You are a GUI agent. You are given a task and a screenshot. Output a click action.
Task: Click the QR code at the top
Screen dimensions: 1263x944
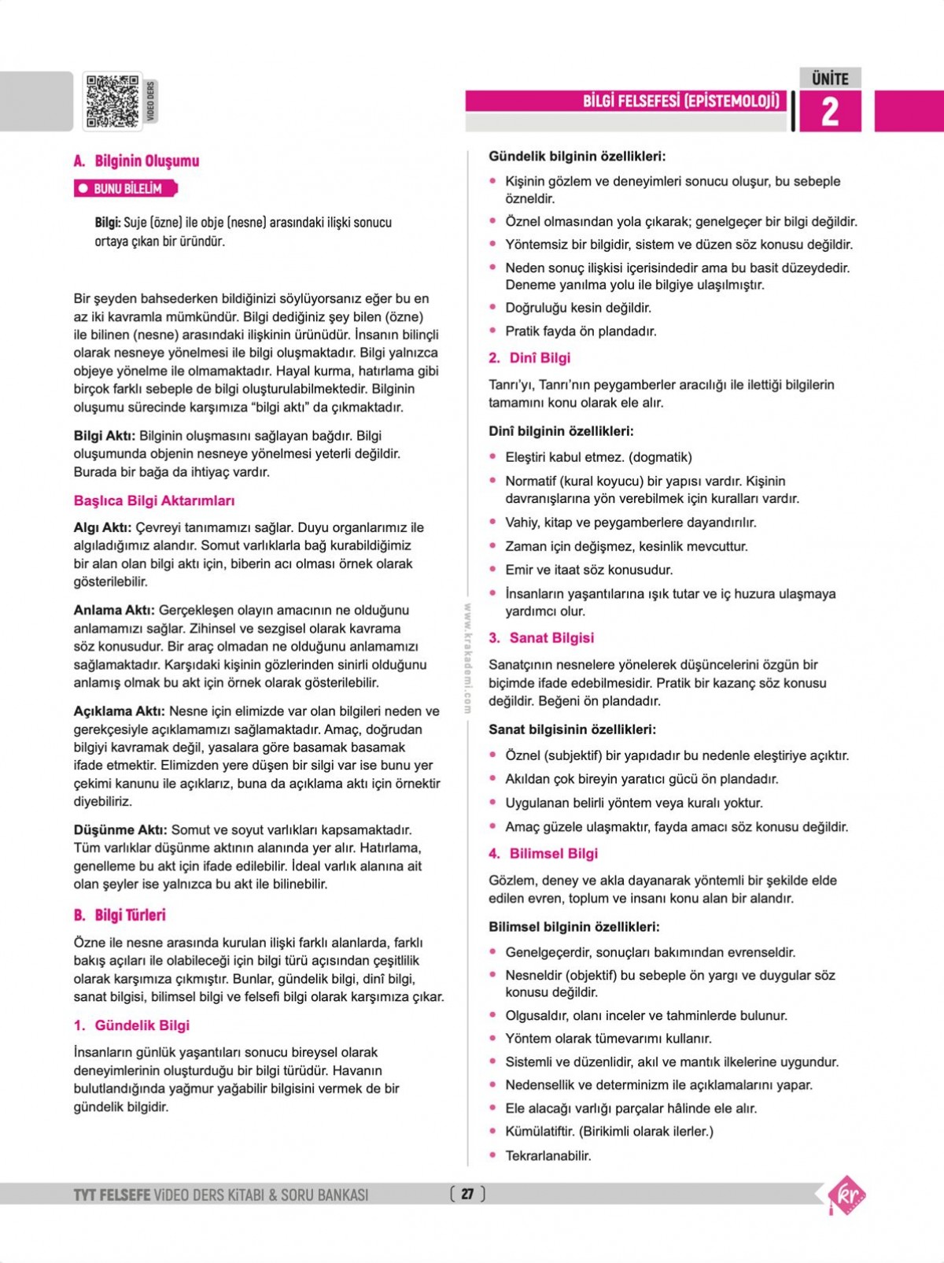point(112,102)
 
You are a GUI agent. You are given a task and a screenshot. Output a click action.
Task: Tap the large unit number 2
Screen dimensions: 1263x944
point(830,112)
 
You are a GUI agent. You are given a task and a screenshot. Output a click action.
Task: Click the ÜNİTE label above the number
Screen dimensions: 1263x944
point(830,79)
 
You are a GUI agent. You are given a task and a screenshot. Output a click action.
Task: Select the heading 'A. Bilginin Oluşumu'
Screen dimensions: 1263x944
point(136,161)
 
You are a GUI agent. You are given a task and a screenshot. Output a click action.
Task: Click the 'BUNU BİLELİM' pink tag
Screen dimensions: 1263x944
point(126,189)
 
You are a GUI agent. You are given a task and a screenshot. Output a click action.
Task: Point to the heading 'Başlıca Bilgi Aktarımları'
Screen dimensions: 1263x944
point(154,500)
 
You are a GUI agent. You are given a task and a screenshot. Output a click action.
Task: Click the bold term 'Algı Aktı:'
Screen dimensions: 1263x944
point(102,527)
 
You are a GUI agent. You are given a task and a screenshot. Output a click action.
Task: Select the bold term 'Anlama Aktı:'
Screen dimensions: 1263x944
point(114,610)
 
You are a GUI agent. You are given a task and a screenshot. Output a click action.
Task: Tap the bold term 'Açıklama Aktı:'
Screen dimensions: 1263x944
point(120,711)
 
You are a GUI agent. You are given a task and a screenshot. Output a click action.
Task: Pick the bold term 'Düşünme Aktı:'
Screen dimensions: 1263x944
point(120,829)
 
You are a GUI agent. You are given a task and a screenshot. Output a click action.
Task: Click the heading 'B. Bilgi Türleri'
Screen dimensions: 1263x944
point(120,915)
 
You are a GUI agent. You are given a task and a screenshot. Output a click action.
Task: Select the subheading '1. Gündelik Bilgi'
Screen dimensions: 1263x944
point(131,1025)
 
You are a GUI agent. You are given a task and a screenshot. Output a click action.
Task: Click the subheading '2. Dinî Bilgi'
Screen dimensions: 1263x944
point(529,358)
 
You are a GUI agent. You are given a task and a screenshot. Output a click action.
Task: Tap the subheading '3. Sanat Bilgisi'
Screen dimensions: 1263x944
point(541,638)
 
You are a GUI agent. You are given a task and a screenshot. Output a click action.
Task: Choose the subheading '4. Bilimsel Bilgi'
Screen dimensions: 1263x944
point(543,854)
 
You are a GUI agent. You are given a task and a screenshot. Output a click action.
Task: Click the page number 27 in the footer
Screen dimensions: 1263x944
point(467,1194)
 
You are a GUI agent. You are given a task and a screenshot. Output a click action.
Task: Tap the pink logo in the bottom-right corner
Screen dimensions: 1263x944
point(846,1195)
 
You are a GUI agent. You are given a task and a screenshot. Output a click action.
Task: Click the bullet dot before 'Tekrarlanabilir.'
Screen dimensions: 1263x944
point(493,1155)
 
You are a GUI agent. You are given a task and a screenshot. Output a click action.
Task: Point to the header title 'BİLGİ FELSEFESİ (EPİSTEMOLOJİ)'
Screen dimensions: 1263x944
point(681,101)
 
